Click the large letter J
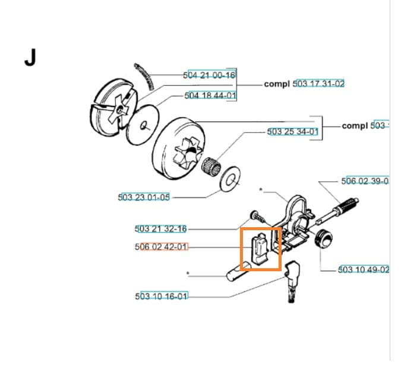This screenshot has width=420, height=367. [x=30, y=58]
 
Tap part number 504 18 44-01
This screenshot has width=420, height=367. [x=210, y=95]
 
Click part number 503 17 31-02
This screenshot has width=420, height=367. [x=319, y=84]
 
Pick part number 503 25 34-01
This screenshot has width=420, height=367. [x=293, y=131]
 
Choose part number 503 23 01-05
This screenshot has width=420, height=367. [x=144, y=197]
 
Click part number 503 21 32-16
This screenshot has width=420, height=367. [x=161, y=228]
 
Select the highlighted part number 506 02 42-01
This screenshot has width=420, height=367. [x=161, y=247]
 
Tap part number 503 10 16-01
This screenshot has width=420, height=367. [x=162, y=296]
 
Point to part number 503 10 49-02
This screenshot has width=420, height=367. [x=364, y=269]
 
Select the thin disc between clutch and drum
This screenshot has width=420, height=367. [x=144, y=124]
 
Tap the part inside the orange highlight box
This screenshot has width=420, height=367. [x=260, y=249]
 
